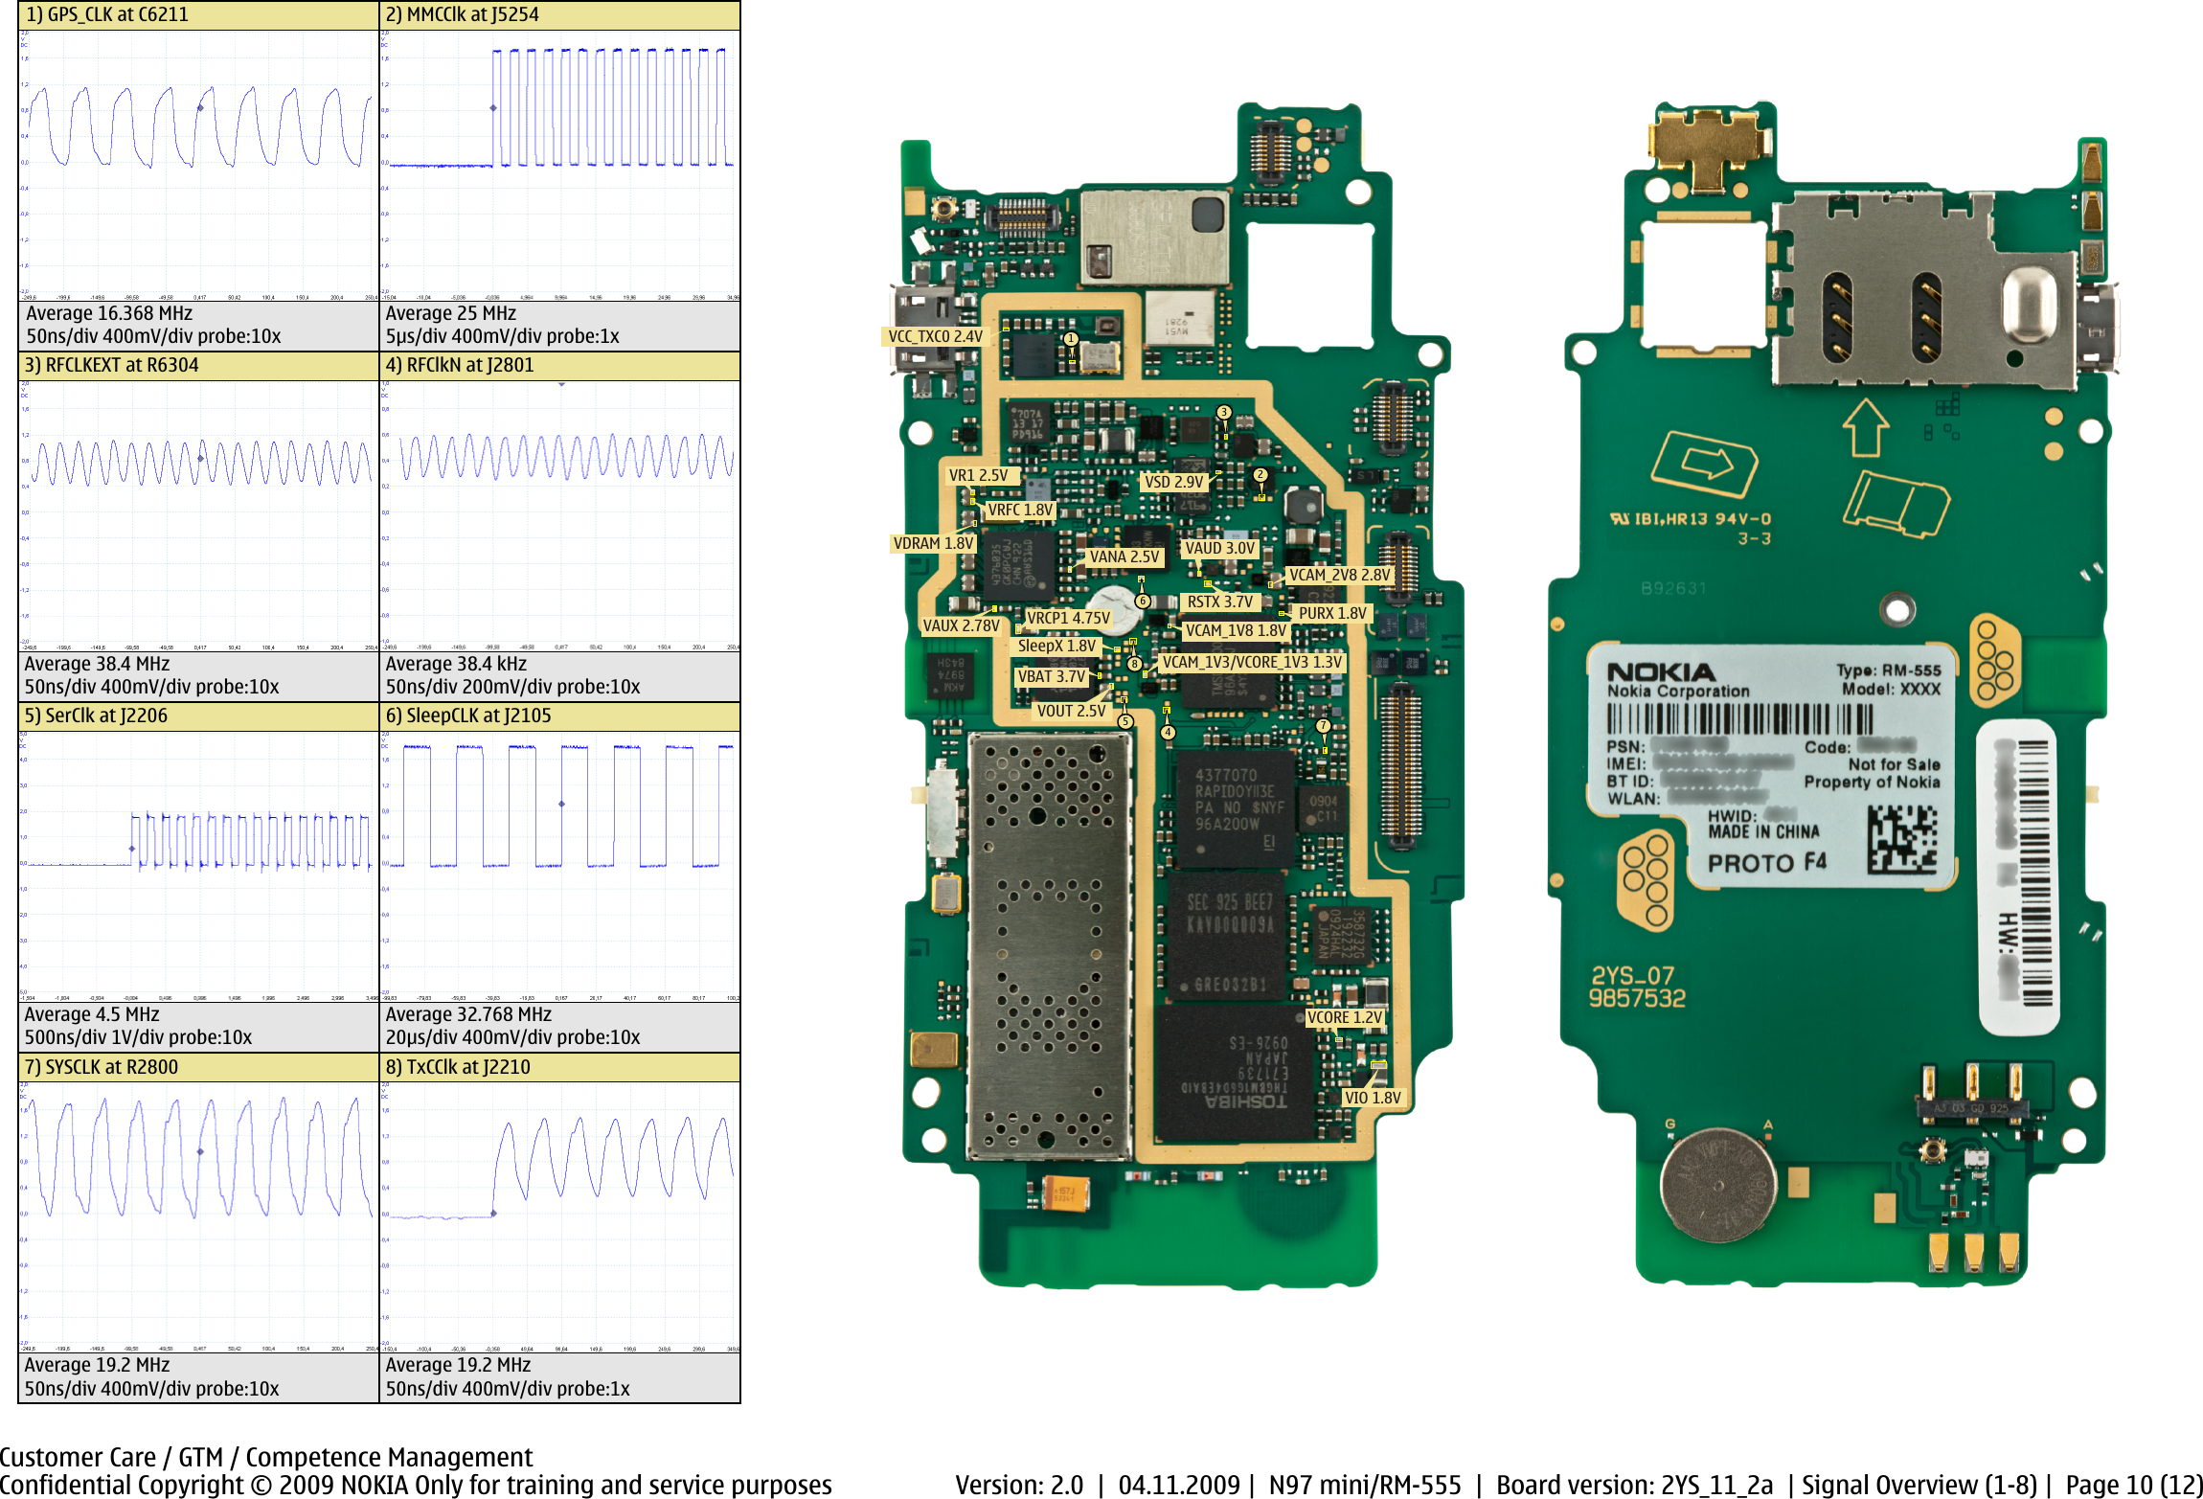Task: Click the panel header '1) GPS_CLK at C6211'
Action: (x=107, y=14)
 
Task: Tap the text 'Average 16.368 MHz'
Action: (x=109, y=313)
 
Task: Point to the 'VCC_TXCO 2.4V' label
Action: (x=935, y=336)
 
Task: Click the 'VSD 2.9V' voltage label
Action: (x=1173, y=482)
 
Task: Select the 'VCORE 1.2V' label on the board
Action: (x=1344, y=1017)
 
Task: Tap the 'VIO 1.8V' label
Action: (x=1372, y=1098)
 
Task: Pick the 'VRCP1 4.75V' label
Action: (x=1068, y=618)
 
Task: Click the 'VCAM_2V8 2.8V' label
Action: (x=1338, y=575)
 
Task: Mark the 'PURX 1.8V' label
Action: (x=1331, y=613)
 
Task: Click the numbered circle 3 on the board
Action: (x=1223, y=412)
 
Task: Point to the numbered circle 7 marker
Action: (x=1323, y=726)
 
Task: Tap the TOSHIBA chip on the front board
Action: (x=1236, y=1073)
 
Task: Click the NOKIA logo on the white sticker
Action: (x=1660, y=671)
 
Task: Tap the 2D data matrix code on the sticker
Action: (x=1901, y=839)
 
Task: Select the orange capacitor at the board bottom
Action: (x=1064, y=1193)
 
